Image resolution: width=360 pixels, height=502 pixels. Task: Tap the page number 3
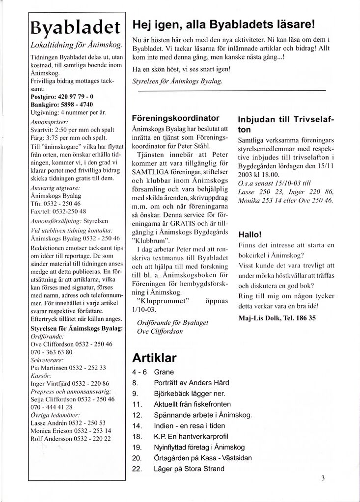coord(323,479)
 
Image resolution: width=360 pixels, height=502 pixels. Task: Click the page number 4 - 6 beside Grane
coord(139,372)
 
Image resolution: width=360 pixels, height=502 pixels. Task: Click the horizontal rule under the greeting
coord(231,91)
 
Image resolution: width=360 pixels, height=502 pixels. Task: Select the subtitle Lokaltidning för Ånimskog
coord(76,45)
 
